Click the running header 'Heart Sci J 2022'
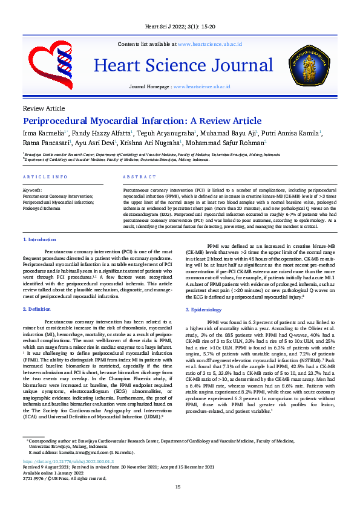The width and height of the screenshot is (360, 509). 180,27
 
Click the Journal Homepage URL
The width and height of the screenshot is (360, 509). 201,87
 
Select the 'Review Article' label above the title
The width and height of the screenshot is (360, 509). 43,108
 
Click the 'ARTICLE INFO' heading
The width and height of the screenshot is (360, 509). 45,177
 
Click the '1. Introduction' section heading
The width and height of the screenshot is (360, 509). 39,240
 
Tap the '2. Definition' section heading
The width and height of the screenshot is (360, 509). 37,309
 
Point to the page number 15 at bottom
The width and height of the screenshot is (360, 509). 178,487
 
